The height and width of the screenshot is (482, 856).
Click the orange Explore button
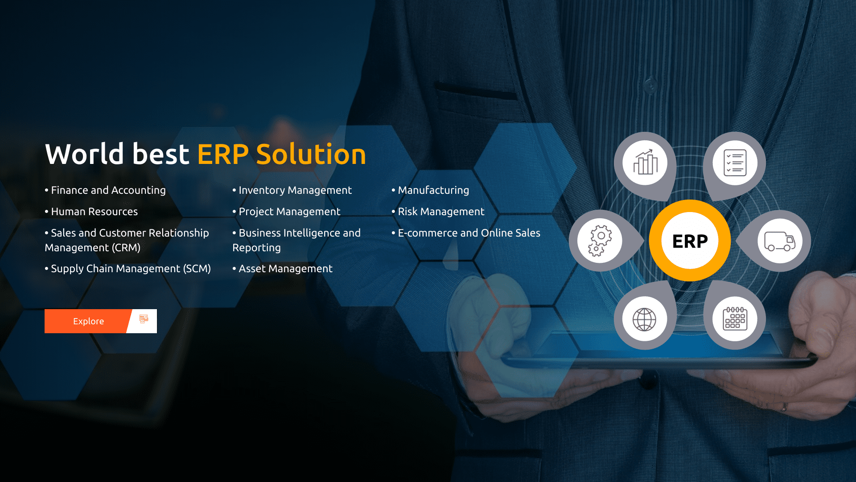(x=88, y=321)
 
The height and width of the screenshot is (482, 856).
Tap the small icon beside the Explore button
(x=144, y=319)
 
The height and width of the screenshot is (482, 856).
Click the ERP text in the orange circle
(x=690, y=241)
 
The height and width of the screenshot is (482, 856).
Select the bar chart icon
(x=645, y=163)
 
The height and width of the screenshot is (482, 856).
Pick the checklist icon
(x=735, y=163)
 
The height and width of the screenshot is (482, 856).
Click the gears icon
(x=600, y=241)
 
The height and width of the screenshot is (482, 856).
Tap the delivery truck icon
(x=780, y=241)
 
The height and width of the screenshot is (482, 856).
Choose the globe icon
(x=645, y=319)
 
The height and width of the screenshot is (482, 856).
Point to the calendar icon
(x=735, y=319)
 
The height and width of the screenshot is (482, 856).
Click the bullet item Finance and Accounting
(x=108, y=190)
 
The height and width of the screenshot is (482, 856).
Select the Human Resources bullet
(x=94, y=212)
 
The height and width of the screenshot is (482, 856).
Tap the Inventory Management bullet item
(x=295, y=190)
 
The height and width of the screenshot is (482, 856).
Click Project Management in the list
(x=289, y=212)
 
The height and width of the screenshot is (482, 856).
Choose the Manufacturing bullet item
(x=433, y=190)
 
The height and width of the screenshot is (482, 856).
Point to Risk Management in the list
(x=441, y=212)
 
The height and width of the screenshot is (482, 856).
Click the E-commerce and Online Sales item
(x=469, y=233)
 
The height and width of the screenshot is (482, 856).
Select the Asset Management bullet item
(x=285, y=269)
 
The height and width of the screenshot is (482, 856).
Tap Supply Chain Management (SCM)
(x=131, y=269)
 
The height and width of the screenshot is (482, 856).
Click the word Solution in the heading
(x=311, y=155)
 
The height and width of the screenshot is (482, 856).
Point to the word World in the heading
(x=85, y=155)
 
